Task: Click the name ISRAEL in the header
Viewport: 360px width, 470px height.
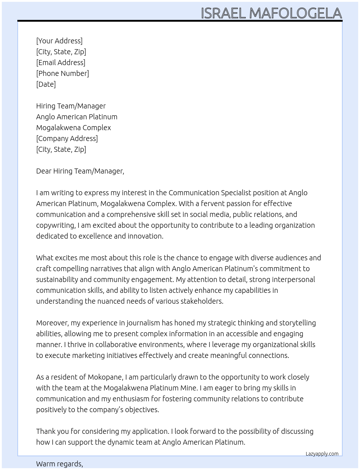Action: [223, 13]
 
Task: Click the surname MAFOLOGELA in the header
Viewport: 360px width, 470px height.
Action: [295, 13]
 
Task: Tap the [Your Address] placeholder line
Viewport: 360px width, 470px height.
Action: [59, 41]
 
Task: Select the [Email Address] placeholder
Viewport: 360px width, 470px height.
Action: [61, 63]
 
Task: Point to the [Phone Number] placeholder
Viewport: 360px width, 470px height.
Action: [63, 73]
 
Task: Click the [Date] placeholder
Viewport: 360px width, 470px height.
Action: [46, 84]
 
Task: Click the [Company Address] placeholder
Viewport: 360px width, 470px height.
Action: [67, 138]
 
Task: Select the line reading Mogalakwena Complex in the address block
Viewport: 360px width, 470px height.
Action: [73, 128]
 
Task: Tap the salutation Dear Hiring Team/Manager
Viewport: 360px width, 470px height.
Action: [80, 171]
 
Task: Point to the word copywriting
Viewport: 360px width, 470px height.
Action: [55, 225]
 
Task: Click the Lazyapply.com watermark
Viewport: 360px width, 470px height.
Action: [322, 454]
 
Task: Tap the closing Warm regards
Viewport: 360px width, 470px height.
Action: [59, 464]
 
